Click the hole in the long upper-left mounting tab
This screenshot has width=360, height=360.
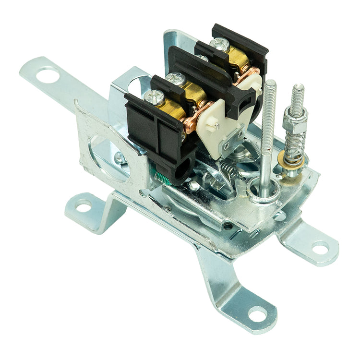coord(47,75)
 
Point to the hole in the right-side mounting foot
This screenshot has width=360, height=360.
coord(320,248)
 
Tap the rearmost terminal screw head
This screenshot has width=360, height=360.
coord(220,44)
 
